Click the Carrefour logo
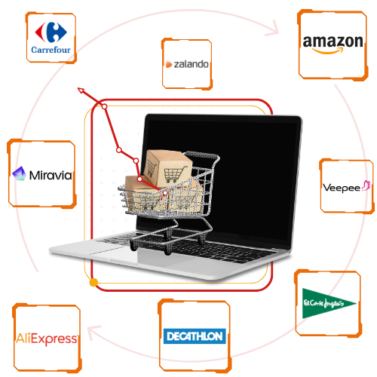(51, 38)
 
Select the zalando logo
(187, 64)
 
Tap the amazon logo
(333, 44)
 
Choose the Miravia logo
(42, 174)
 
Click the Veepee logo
(347, 187)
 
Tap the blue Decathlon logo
(195, 336)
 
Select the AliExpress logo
(47, 339)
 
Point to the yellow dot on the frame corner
(93, 283)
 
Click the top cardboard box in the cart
(167, 168)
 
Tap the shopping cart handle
(201, 155)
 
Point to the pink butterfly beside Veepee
(366, 185)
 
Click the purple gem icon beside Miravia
(19, 173)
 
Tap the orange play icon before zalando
(169, 65)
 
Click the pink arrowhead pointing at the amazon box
(274, 29)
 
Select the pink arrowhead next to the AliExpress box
(93, 332)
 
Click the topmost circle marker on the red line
(104, 107)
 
